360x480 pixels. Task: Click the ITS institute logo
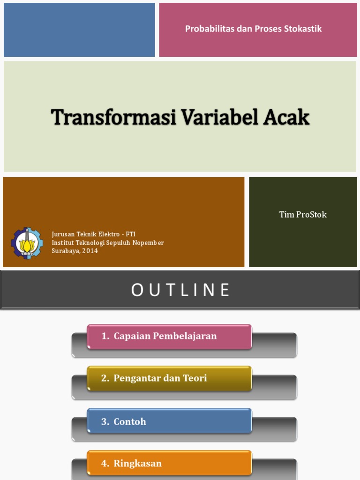27,243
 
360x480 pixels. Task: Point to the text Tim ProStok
303,215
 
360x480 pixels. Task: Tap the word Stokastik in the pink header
303,29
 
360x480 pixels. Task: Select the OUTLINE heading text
180,290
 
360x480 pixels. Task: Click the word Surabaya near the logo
65,251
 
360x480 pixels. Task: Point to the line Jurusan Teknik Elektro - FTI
93,234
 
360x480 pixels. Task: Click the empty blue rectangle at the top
79,30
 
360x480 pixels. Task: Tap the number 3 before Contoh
104,421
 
